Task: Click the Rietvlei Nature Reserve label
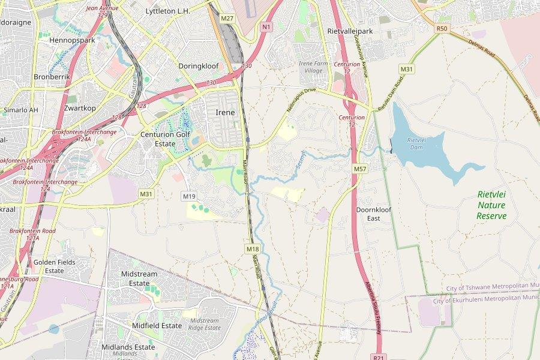(x=492, y=205)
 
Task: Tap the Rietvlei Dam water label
(x=416, y=143)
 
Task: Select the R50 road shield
(x=442, y=28)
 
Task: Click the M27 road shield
(x=227, y=19)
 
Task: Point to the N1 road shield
(x=266, y=26)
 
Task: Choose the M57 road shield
(x=359, y=169)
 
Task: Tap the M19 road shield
(x=190, y=196)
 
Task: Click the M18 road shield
(x=252, y=248)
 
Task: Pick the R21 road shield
(x=378, y=357)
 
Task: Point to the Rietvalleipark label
(x=350, y=31)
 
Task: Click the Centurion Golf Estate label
(x=166, y=139)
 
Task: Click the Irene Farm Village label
(x=314, y=67)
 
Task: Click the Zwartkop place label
(x=80, y=108)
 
